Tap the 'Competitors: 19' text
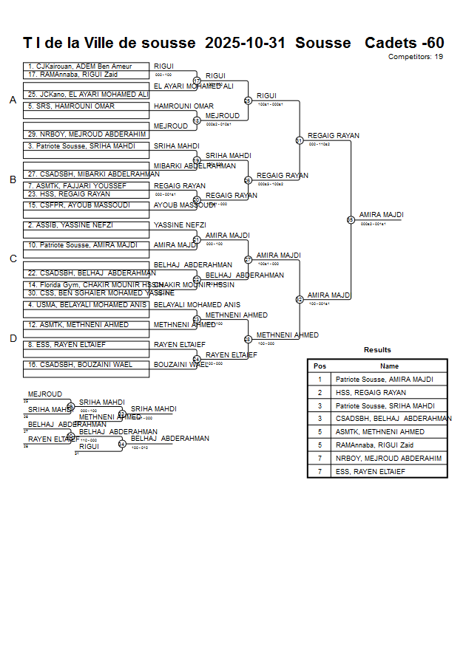tap(416, 56)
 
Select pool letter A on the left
tap(13, 100)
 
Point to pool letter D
tap(13, 339)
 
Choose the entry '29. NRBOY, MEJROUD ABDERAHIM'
tap(86, 134)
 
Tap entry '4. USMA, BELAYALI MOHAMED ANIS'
tap(86, 305)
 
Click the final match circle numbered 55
tap(351, 219)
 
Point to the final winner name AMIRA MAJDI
tap(382, 215)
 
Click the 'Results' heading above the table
tap(377, 350)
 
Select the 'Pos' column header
tap(320, 366)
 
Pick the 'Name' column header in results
tap(389, 366)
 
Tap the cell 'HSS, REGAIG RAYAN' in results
tap(371, 393)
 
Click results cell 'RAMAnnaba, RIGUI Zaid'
tap(374, 445)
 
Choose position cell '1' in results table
tap(320, 380)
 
